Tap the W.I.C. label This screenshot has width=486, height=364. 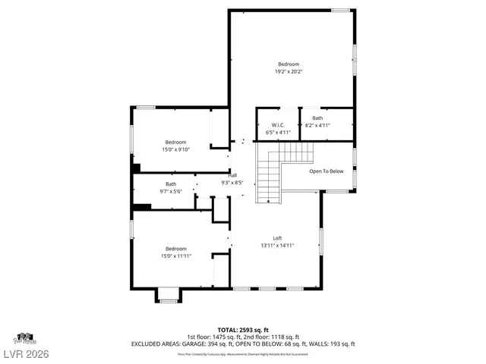point(278,125)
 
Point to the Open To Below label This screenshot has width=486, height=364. point(326,171)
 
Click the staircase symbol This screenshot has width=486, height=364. point(268,177)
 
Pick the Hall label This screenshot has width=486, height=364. point(232,175)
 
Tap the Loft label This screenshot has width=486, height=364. point(277,238)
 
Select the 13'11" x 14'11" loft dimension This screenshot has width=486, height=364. point(277,246)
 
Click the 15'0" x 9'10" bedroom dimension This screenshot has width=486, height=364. point(175,149)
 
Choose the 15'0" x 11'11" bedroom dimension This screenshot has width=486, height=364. point(175,256)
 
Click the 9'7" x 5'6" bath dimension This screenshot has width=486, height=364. point(171,191)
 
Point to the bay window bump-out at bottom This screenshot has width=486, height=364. point(169,295)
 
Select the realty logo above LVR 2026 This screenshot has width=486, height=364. point(24,337)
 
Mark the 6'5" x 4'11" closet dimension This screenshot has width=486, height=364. point(278,132)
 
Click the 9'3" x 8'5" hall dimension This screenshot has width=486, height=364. point(232,182)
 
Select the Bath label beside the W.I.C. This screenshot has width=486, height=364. point(317,118)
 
